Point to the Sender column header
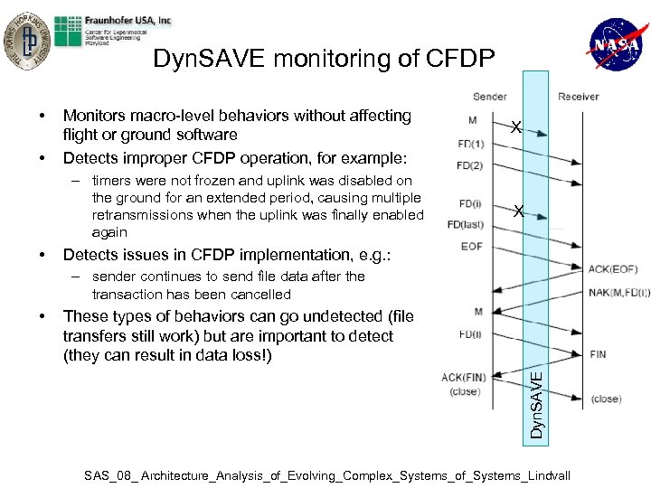coord(489,97)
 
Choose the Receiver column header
coord(578,97)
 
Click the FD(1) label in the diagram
coord(470,145)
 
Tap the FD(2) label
coord(470,165)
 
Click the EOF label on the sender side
coord(471,246)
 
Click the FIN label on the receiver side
coord(598,354)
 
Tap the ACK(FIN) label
coord(464,377)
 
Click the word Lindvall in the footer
coord(542,474)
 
